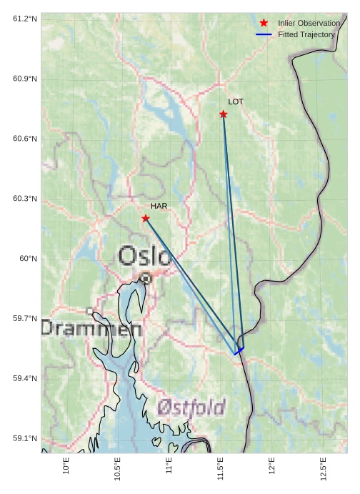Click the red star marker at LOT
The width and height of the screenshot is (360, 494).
pos(224,114)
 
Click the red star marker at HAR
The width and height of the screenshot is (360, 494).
pos(146,218)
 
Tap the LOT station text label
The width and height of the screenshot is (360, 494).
pos(236,102)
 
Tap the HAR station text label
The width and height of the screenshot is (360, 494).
pos(159,206)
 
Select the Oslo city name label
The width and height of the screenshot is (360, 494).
pos(144,256)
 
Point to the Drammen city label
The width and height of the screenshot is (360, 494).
pos(91,329)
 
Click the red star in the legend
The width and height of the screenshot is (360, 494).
pos(264,23)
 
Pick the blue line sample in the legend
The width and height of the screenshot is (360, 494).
pos(264,34)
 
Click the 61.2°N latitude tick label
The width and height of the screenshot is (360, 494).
pos(25,18)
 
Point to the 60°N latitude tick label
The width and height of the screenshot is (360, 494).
pos(29,258)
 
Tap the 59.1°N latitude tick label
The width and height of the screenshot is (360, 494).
pos(25,438)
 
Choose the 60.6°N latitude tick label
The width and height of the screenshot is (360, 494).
pos(25,138)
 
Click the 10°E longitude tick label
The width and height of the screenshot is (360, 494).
pos(66,467)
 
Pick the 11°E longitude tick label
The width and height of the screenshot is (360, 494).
pos(169,467)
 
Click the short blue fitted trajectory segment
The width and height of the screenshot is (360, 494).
pos(239,351)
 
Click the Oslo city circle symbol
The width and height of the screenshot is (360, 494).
pos(146,278)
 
